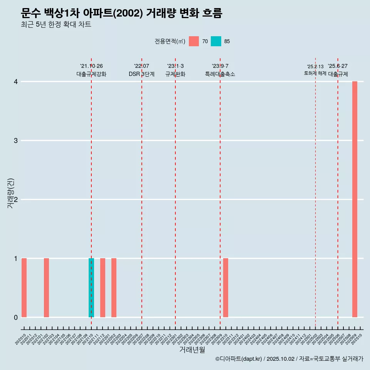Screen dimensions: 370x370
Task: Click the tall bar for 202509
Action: [355, 199]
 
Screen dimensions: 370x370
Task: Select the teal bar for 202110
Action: [91, 288]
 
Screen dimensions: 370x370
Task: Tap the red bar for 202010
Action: [24, 288]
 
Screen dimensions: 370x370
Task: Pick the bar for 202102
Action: [46, 288]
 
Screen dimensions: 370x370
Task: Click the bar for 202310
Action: [225, 288]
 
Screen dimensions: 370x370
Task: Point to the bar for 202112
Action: [103, 288]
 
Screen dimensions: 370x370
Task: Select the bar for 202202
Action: [114, 288]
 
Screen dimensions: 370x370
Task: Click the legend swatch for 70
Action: [194, 41]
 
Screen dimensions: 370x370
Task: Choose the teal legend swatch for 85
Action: [216, 41]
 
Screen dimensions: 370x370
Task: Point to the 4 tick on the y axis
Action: [16, 82]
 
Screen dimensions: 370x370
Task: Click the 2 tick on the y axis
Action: [16, 200]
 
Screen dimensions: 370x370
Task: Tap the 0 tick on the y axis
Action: [16, 318]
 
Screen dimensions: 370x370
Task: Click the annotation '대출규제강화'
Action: [91, 74]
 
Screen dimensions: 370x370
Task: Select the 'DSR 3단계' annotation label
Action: [141, 74]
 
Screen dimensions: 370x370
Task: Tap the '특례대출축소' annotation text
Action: [220, 74]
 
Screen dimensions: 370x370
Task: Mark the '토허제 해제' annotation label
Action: [315, 73]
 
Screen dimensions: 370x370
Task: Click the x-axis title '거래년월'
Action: [192, 350]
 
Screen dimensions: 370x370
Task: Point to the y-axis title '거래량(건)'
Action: [10, 193]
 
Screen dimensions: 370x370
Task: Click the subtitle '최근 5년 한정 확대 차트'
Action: [56, 25]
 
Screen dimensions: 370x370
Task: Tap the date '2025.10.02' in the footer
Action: [280, 359]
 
